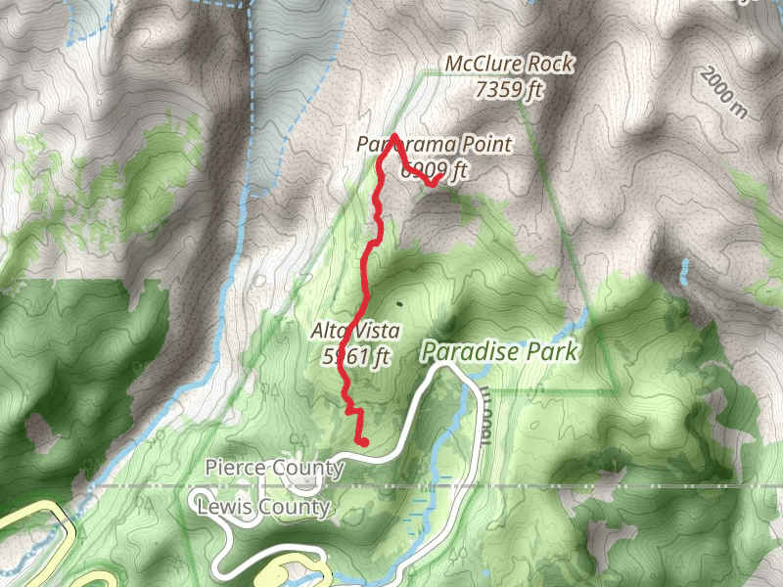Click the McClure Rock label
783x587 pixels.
tap(509, 65)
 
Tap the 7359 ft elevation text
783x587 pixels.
tap(509, 91)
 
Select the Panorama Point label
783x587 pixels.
tap(435, 145)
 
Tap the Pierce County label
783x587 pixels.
tap(275, 468)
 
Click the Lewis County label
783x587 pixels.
tap(263, 507)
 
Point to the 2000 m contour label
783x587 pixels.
tap(723, 93)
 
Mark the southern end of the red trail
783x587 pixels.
tap(363, 442)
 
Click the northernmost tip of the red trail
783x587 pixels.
tap(393, 135)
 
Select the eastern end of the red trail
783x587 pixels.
tap(442, 177)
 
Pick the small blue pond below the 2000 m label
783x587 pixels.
tap(685, 266)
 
